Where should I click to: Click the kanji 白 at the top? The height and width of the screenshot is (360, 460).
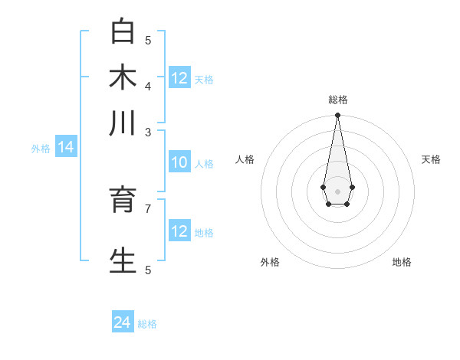pos(123,32)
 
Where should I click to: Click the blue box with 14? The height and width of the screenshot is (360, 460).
pos(65,147)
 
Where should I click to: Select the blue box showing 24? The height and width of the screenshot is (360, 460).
pos(123,322)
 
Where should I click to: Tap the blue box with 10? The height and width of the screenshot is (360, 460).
pos(179,162)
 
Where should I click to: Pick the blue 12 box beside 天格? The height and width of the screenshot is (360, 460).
pos(179,78)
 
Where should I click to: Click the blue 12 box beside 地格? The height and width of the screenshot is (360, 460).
pos(179,231)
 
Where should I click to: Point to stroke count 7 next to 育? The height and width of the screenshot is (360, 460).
pos(148,208)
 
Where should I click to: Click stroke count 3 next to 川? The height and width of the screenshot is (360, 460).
pos(148,132)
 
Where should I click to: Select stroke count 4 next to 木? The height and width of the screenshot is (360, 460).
pos(148,86)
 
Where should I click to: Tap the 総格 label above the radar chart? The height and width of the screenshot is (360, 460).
pos(338,100)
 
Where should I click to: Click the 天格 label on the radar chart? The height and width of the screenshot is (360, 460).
pos(431,159)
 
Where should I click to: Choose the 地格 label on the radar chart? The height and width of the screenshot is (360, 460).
pos(402,262)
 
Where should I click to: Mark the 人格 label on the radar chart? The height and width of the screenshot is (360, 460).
pos(245,159)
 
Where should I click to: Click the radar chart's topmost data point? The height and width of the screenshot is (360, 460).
pos(337,116)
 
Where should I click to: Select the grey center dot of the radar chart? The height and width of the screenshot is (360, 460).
pos(337,191)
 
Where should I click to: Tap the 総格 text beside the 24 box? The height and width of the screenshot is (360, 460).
pos(147,324)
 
